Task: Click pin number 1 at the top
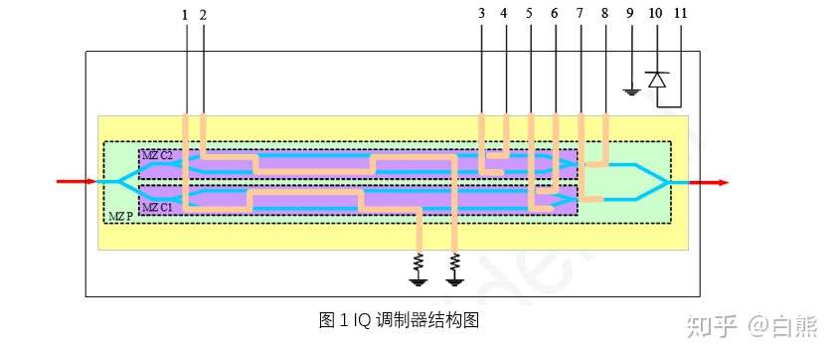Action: [185, 14]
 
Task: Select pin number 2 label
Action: [203, 14]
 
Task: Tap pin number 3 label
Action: [480, 14]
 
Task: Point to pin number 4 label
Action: [504, 14]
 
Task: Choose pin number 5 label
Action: [529, 14]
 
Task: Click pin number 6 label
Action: [554, 14]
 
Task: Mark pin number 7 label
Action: [580, 14]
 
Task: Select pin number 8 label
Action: [604, 14]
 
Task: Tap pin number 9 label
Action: [630, 14]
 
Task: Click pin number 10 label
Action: [655, 14]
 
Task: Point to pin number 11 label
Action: [682, 14]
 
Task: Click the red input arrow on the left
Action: [76, 182]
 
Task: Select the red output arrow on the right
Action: [710, 183]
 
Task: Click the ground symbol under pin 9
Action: [630, 92]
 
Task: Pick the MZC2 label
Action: [157, 156]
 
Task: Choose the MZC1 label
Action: [157, 208]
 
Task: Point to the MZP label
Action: [118, 216]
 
